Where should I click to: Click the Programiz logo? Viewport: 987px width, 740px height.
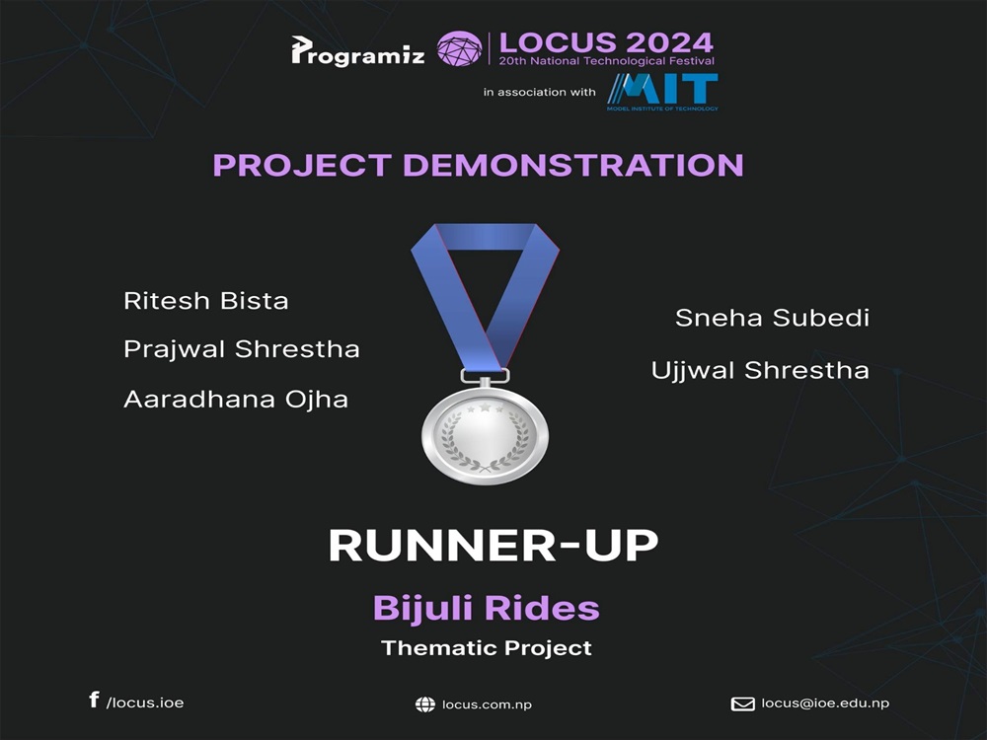point(357,51)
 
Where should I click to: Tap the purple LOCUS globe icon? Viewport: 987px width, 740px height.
point(460,49)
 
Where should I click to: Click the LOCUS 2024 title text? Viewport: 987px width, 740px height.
point(606,42)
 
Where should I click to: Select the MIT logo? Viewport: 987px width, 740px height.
point(662,92)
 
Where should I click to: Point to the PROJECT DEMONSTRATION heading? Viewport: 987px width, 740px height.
point(479,165)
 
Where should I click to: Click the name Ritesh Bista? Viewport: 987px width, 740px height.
point(206,301)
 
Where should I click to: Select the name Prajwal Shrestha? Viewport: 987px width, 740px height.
point(242,349)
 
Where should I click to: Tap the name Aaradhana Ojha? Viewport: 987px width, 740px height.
point(236,399)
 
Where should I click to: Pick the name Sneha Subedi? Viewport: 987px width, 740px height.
point(773,318)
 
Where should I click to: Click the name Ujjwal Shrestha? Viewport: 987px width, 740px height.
point(760,371)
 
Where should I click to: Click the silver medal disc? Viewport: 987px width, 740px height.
point(485,435)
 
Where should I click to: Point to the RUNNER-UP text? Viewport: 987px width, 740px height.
point(493,545)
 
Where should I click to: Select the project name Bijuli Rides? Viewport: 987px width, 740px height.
point(486,608)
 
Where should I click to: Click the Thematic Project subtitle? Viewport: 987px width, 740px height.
point(487,648)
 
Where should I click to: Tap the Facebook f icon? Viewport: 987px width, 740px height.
point(94,700)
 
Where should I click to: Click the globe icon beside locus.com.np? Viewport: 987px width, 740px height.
point(425,704)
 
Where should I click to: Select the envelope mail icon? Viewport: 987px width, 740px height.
point(743,703)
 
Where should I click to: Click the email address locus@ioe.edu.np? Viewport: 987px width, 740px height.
point(825,703)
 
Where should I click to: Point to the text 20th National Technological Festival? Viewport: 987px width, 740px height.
point(607,61)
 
